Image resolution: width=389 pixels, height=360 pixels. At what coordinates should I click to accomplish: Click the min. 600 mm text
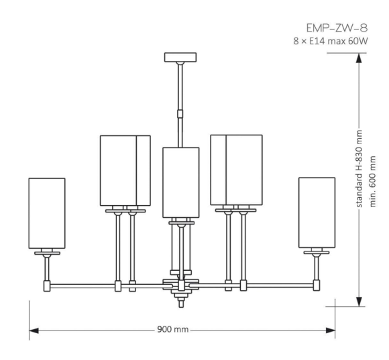point(374,182)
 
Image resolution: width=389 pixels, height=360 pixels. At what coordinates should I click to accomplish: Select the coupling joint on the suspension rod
point(180,112)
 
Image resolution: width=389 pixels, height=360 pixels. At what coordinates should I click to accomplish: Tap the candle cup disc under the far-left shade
point(47,253)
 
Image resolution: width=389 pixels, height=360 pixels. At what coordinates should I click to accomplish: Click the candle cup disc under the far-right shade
point(317,253)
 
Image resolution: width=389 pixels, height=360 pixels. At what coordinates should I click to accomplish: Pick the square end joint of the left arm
point(47,285)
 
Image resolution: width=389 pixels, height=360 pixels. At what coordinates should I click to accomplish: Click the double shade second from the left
point(125,170)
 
